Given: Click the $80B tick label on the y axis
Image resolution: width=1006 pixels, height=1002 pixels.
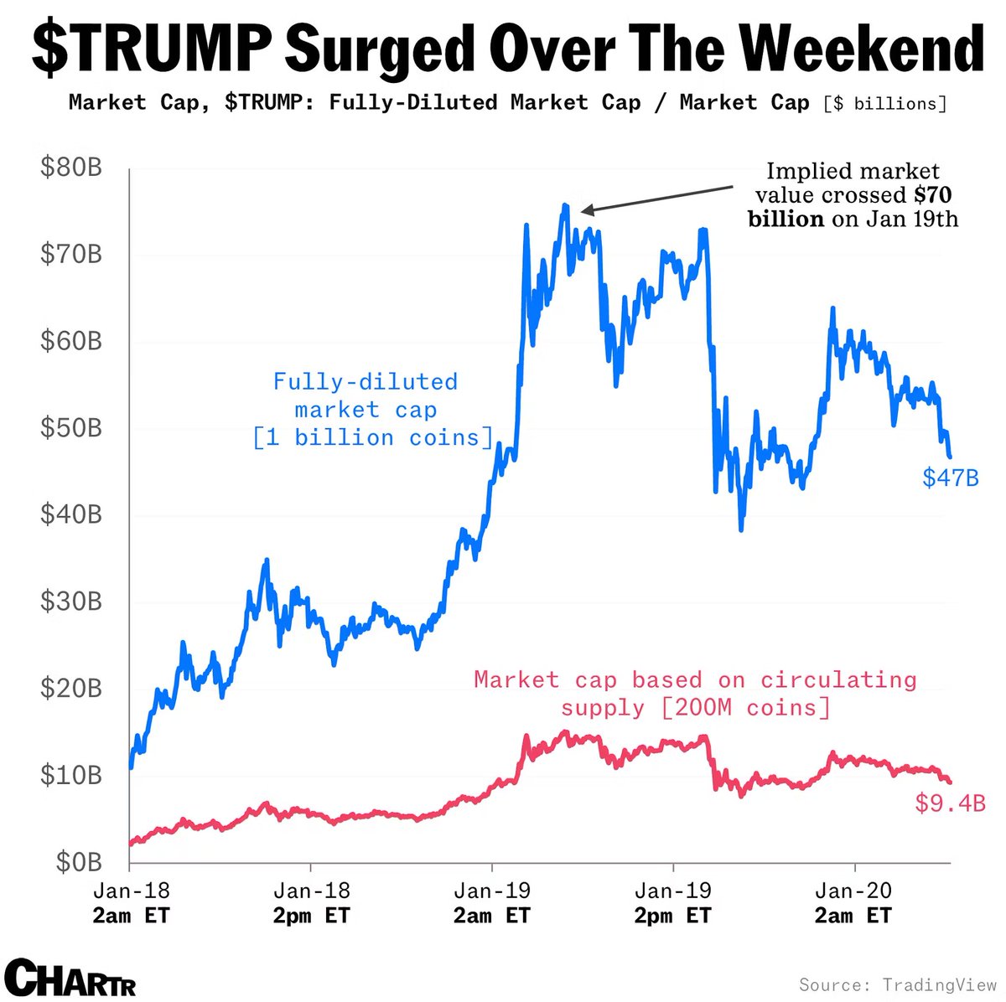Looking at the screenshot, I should click(x=71, y=168).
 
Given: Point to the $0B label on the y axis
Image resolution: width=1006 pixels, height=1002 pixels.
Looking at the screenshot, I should click(x=79, y=862).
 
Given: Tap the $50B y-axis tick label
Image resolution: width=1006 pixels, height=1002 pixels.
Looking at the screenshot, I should click(x=71, y=428).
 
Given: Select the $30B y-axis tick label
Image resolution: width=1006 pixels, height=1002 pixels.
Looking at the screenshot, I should click(x=71, y=602).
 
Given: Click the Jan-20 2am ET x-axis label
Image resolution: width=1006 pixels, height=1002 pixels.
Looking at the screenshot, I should click(x=853, y=902).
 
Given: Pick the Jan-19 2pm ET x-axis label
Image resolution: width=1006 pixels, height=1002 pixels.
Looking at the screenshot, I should click(x=672, y=902).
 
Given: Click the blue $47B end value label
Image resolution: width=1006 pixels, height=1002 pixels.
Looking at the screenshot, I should click(x=950, y=478).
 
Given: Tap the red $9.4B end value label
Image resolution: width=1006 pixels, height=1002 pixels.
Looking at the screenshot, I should click(x=950, y=804).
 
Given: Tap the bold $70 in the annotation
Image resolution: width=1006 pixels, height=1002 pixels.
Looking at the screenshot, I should click(x=932, y=195).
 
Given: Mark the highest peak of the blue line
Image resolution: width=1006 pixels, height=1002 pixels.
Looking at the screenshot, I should click(x=566, y=205).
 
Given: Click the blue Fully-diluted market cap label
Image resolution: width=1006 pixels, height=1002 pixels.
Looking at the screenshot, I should click(x=366, y=395).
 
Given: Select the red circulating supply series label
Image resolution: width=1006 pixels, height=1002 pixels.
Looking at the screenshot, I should click(x=695, y=693).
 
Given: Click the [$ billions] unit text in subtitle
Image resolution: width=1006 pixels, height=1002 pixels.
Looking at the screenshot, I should click(x=884, y=104).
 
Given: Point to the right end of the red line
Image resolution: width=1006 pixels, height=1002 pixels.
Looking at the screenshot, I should click(x=949, y=781).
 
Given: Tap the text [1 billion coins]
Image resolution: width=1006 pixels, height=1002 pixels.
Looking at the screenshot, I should click(x=373, y=437).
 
